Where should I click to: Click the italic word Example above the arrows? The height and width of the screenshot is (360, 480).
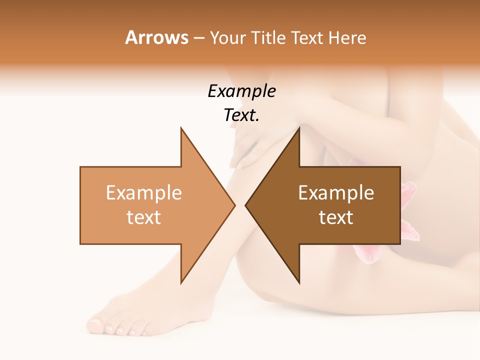click(241, 91)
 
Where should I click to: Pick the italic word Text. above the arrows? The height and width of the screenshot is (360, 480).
click(241, 115)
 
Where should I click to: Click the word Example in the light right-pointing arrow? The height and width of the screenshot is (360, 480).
click(143, 192)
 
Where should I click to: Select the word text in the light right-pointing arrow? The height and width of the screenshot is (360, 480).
click(143, 217)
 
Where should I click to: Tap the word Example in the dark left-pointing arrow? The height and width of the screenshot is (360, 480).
click(336, 192)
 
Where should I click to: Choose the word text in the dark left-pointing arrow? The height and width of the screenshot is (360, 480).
click(336, 217)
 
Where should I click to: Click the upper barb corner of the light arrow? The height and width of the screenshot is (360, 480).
click(181, 128)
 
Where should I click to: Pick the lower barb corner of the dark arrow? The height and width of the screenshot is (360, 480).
click(299, 283)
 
